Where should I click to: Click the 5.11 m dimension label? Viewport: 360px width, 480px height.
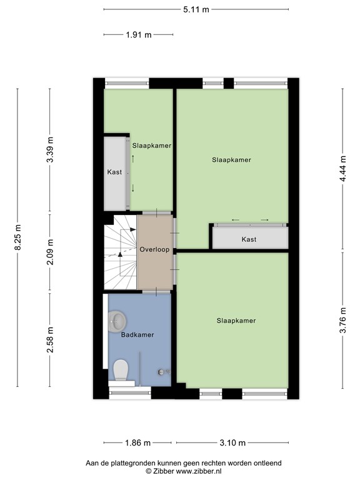[196, 9]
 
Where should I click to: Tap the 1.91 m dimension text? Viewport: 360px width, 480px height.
[139, 35]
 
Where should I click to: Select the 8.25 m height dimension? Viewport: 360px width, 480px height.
[17, 238]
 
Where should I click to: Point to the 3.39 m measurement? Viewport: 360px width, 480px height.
[50, 150]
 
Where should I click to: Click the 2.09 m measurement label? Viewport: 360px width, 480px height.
[50, 252]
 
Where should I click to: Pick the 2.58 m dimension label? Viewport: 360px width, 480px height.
[50, 340]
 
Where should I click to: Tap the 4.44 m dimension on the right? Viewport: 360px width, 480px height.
[342, 168]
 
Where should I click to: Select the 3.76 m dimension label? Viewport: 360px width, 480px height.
[342, 319]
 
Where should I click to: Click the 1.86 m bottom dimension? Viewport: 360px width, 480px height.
[137, 443]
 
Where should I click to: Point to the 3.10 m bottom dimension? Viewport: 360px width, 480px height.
[232, 443]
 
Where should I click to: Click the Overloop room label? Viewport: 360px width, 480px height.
[154, 249]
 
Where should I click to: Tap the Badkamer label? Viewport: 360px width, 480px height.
[137, 335]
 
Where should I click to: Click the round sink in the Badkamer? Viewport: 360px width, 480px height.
[117, 322]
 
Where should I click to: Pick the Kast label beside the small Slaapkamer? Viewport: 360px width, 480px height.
[114, 172]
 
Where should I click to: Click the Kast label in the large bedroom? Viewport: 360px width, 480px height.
[249, 239]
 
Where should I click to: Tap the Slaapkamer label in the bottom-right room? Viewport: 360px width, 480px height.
[236, 321]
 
